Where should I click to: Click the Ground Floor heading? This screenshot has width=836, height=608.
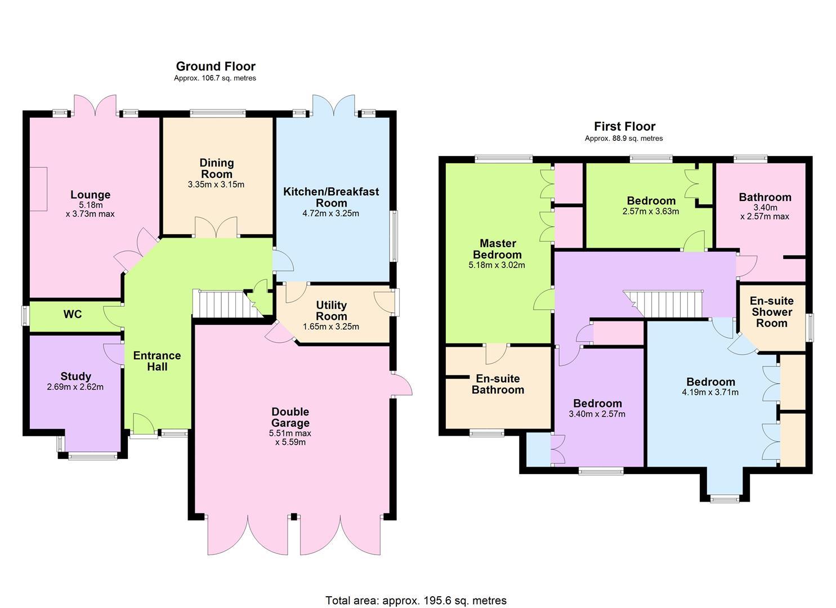(216, 66)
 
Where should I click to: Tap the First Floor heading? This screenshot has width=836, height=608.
(624, 127)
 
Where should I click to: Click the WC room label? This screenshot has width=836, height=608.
(73, 314)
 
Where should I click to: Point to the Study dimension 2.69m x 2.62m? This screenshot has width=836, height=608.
(75, 387)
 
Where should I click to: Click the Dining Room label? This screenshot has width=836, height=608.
(217, 168)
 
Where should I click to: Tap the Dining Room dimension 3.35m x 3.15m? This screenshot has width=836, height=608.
(216, 185)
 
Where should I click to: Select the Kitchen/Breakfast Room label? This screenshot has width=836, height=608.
(331, 197)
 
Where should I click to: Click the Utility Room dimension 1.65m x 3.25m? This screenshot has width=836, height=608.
(330, 327)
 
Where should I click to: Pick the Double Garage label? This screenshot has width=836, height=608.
(290, 417)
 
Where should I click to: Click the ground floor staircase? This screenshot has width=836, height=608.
(227, 304)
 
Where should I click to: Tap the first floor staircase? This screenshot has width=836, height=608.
(663, 304)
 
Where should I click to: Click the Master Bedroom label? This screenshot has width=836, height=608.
(497, 249)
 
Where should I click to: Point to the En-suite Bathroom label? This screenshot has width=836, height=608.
(498, 384)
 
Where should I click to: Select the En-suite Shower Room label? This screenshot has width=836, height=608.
(771, 312)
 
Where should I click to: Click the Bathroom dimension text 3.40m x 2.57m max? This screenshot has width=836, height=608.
(765, 212)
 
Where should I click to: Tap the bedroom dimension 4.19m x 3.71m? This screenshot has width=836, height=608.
(710, 392)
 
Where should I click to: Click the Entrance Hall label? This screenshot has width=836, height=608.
(157, 361)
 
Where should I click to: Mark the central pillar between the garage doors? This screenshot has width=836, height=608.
(294, 517)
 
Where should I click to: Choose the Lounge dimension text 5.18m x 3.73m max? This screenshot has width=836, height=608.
(90, 209)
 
